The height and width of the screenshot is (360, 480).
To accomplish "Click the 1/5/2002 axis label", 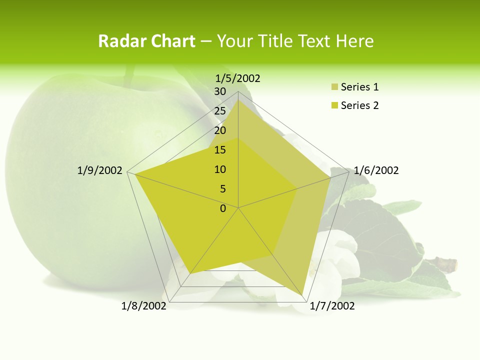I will click(238, 78).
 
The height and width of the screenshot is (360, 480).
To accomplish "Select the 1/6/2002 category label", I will click(376, 170).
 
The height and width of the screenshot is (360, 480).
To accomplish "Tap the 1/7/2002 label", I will click(332, 306).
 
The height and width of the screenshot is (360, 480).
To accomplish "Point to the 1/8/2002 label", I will click(144, 306).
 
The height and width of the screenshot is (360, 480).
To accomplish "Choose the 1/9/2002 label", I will click(99, 170).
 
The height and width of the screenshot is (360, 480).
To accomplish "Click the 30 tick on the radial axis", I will click(220, 91).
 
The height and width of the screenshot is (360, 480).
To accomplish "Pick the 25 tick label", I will click(220, 111).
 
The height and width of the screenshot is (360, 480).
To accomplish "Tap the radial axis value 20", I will click(220, 130).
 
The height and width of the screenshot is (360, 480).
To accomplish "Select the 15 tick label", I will click(220, 150).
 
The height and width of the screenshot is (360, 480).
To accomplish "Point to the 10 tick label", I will click(220, 169).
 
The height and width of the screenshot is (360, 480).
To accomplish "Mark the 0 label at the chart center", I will click(223, 208).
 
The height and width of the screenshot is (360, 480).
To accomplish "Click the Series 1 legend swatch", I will click(334, 87).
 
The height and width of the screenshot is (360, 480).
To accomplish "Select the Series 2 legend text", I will click(359, 105).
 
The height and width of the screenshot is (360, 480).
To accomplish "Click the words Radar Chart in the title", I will click(146, 41).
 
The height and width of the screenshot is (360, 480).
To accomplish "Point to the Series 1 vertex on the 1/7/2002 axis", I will click(302, 295).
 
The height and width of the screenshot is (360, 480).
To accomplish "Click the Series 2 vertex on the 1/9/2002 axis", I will click(135, 174).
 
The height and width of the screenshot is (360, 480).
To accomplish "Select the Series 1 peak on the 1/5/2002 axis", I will click(238, 100).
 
